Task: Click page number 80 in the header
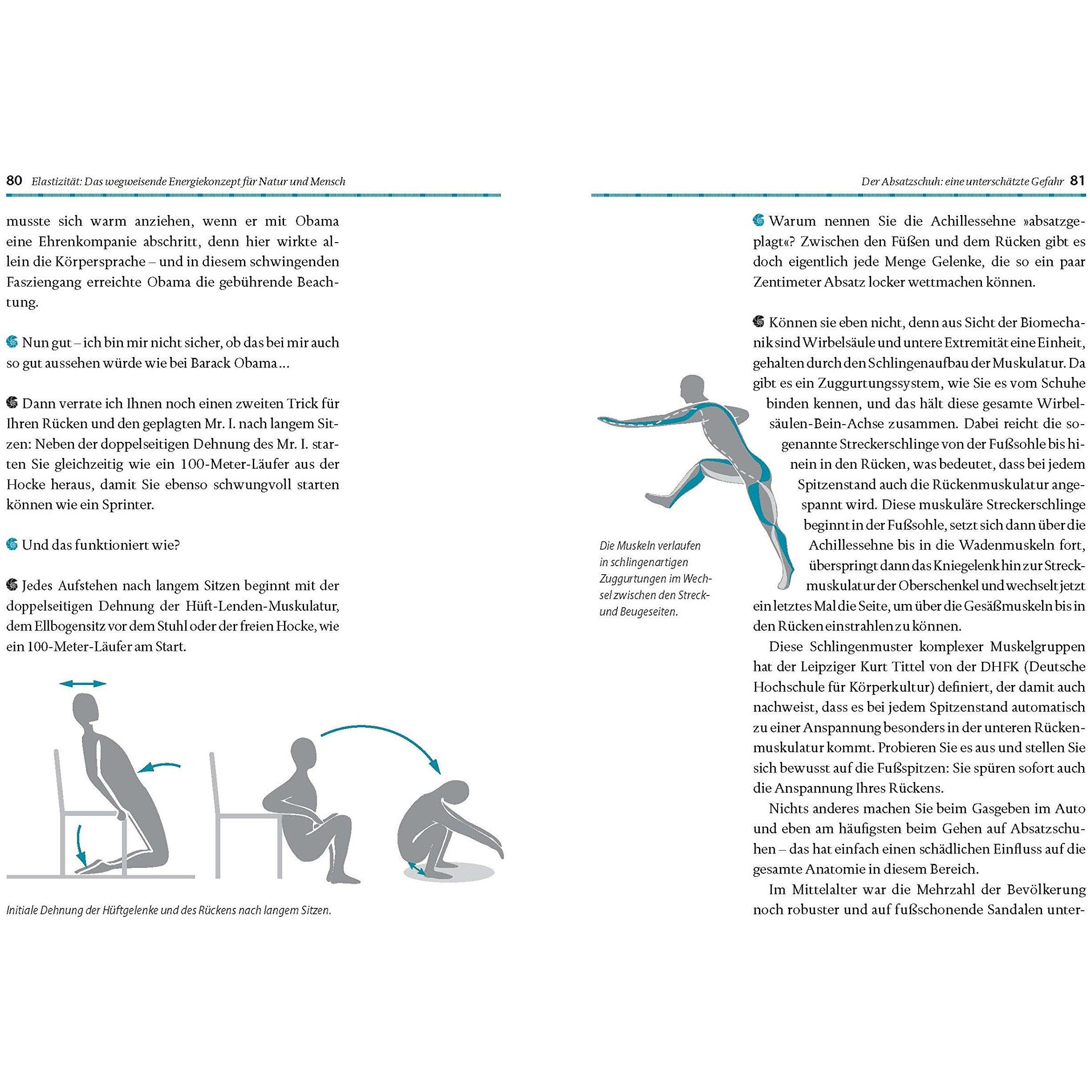pos(14,181)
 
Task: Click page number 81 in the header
pos(1077,181)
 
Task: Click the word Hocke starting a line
pos(24,485)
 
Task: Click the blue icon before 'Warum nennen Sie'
pos(759,221)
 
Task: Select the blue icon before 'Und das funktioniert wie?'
pos(12,544)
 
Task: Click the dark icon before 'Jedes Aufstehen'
pos(12,585)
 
